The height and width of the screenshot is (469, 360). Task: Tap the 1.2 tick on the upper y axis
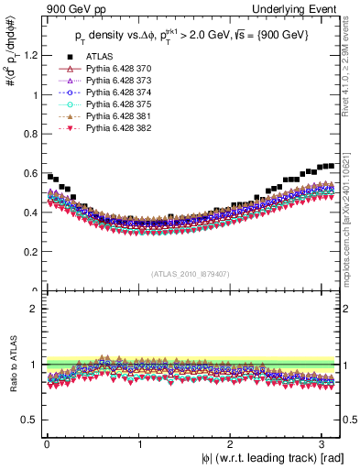pyautogui.click(x=30, y=55)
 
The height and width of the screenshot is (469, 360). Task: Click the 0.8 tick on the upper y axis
pyautogui.click(x=30, y=134)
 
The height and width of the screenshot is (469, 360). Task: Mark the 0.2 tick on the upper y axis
pyautogui.click(x=30, y=252)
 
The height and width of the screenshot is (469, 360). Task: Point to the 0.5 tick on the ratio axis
pyautogui.click(x=30, y=420)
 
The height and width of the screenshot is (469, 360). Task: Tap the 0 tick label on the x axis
pyautogui.click(x=46, y=444)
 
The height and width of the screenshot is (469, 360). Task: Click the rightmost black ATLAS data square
pyautogui.click(x=331, y=166)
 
